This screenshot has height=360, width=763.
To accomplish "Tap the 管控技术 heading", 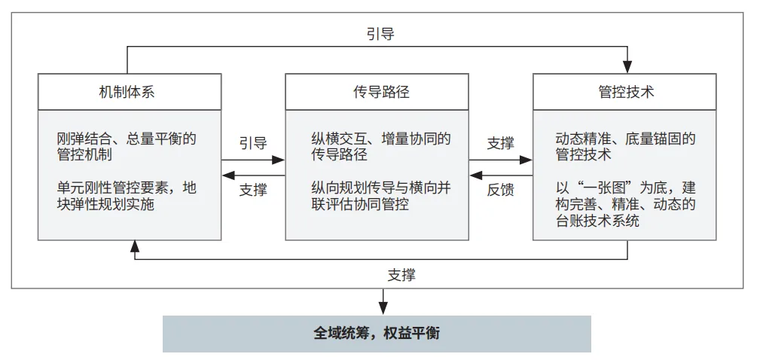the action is point(626,92).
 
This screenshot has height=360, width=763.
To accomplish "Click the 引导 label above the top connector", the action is point(380,34).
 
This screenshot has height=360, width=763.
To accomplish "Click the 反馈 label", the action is point(501,190).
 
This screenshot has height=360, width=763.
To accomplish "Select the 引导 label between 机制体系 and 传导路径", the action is point(253,143).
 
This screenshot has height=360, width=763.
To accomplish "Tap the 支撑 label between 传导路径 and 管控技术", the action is point(501,143).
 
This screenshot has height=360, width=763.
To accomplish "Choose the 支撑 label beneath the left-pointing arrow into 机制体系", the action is point(253,190).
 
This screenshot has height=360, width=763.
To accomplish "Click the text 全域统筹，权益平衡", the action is point(377,334).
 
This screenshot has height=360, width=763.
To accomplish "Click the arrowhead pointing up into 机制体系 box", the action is point(135,246).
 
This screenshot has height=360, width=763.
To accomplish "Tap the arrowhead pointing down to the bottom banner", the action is point(383,308).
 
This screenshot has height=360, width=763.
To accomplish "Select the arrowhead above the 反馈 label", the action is point(476,175).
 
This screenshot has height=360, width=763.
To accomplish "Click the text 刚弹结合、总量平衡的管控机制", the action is point(127,147).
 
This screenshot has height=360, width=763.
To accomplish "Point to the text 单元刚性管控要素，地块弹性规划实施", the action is point(127,196).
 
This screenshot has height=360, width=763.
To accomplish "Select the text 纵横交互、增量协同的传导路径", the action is point(381,147).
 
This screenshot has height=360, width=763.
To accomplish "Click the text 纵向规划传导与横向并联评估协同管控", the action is point(381,196).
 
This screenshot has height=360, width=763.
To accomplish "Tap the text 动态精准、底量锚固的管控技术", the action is point(626,147).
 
